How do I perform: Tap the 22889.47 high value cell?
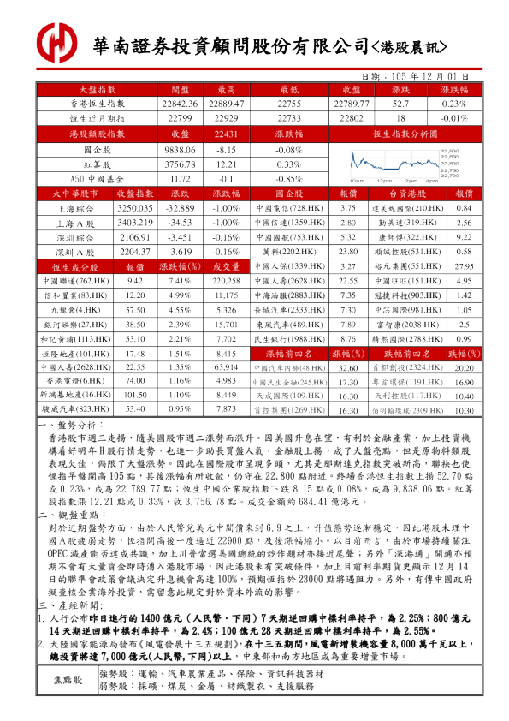click(x=227, y=103)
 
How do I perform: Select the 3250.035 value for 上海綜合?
click(x=135, y=208)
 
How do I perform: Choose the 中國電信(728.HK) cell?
click(x=289, y=208)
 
